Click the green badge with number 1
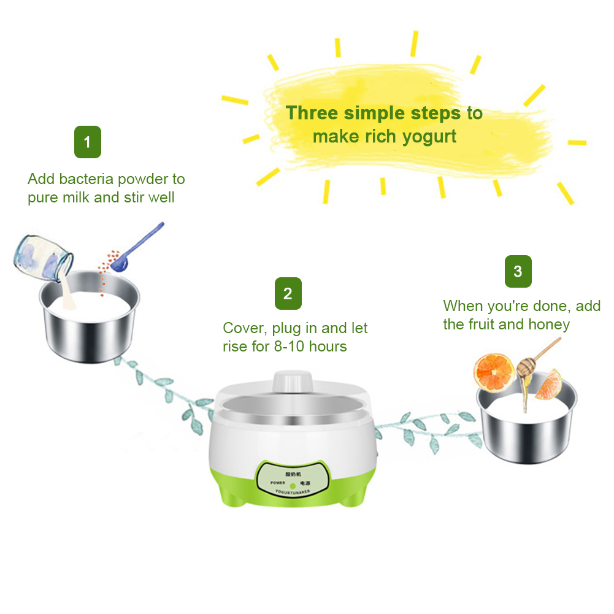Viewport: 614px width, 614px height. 87,142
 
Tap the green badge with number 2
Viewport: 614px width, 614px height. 288,293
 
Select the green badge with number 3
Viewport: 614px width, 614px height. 518,271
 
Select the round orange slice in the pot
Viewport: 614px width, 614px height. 494,372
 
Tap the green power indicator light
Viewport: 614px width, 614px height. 293,485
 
